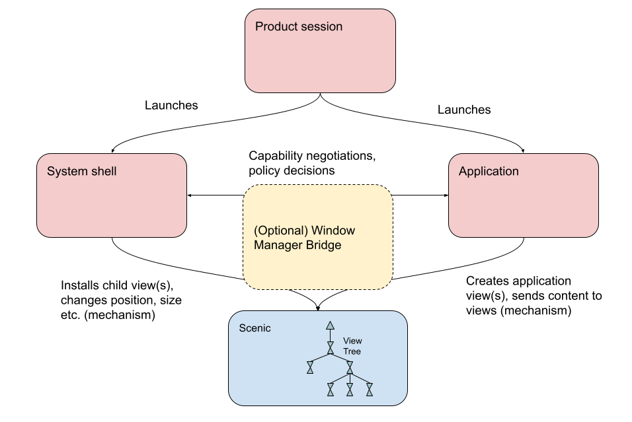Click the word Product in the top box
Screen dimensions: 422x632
[x=276, y=27]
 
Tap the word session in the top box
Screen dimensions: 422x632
[x=321, y=27]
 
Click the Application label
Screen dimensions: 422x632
[x=489, y=172]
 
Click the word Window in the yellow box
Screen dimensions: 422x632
[x=333, y=231]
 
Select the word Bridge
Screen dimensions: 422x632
[x=323, y=246]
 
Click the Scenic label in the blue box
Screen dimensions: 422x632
[x=255, y=328]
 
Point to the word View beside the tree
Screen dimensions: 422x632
[x=352, y=341]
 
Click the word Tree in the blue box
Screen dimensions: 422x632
[x=352, y=351]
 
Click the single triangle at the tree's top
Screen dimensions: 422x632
[x=330, y=326]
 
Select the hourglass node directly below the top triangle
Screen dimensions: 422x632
[x=330, y=347]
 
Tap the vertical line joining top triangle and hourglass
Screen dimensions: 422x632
[x=330, y=335]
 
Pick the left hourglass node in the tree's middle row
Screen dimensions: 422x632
[x=310, y=367]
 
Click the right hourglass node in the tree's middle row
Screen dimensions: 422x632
[x=350, y=367]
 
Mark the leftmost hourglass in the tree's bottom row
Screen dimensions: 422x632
[x=331, y=390]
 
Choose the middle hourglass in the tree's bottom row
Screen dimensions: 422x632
[x=350, y=390]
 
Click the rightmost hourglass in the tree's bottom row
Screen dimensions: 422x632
[x=370, y=390]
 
